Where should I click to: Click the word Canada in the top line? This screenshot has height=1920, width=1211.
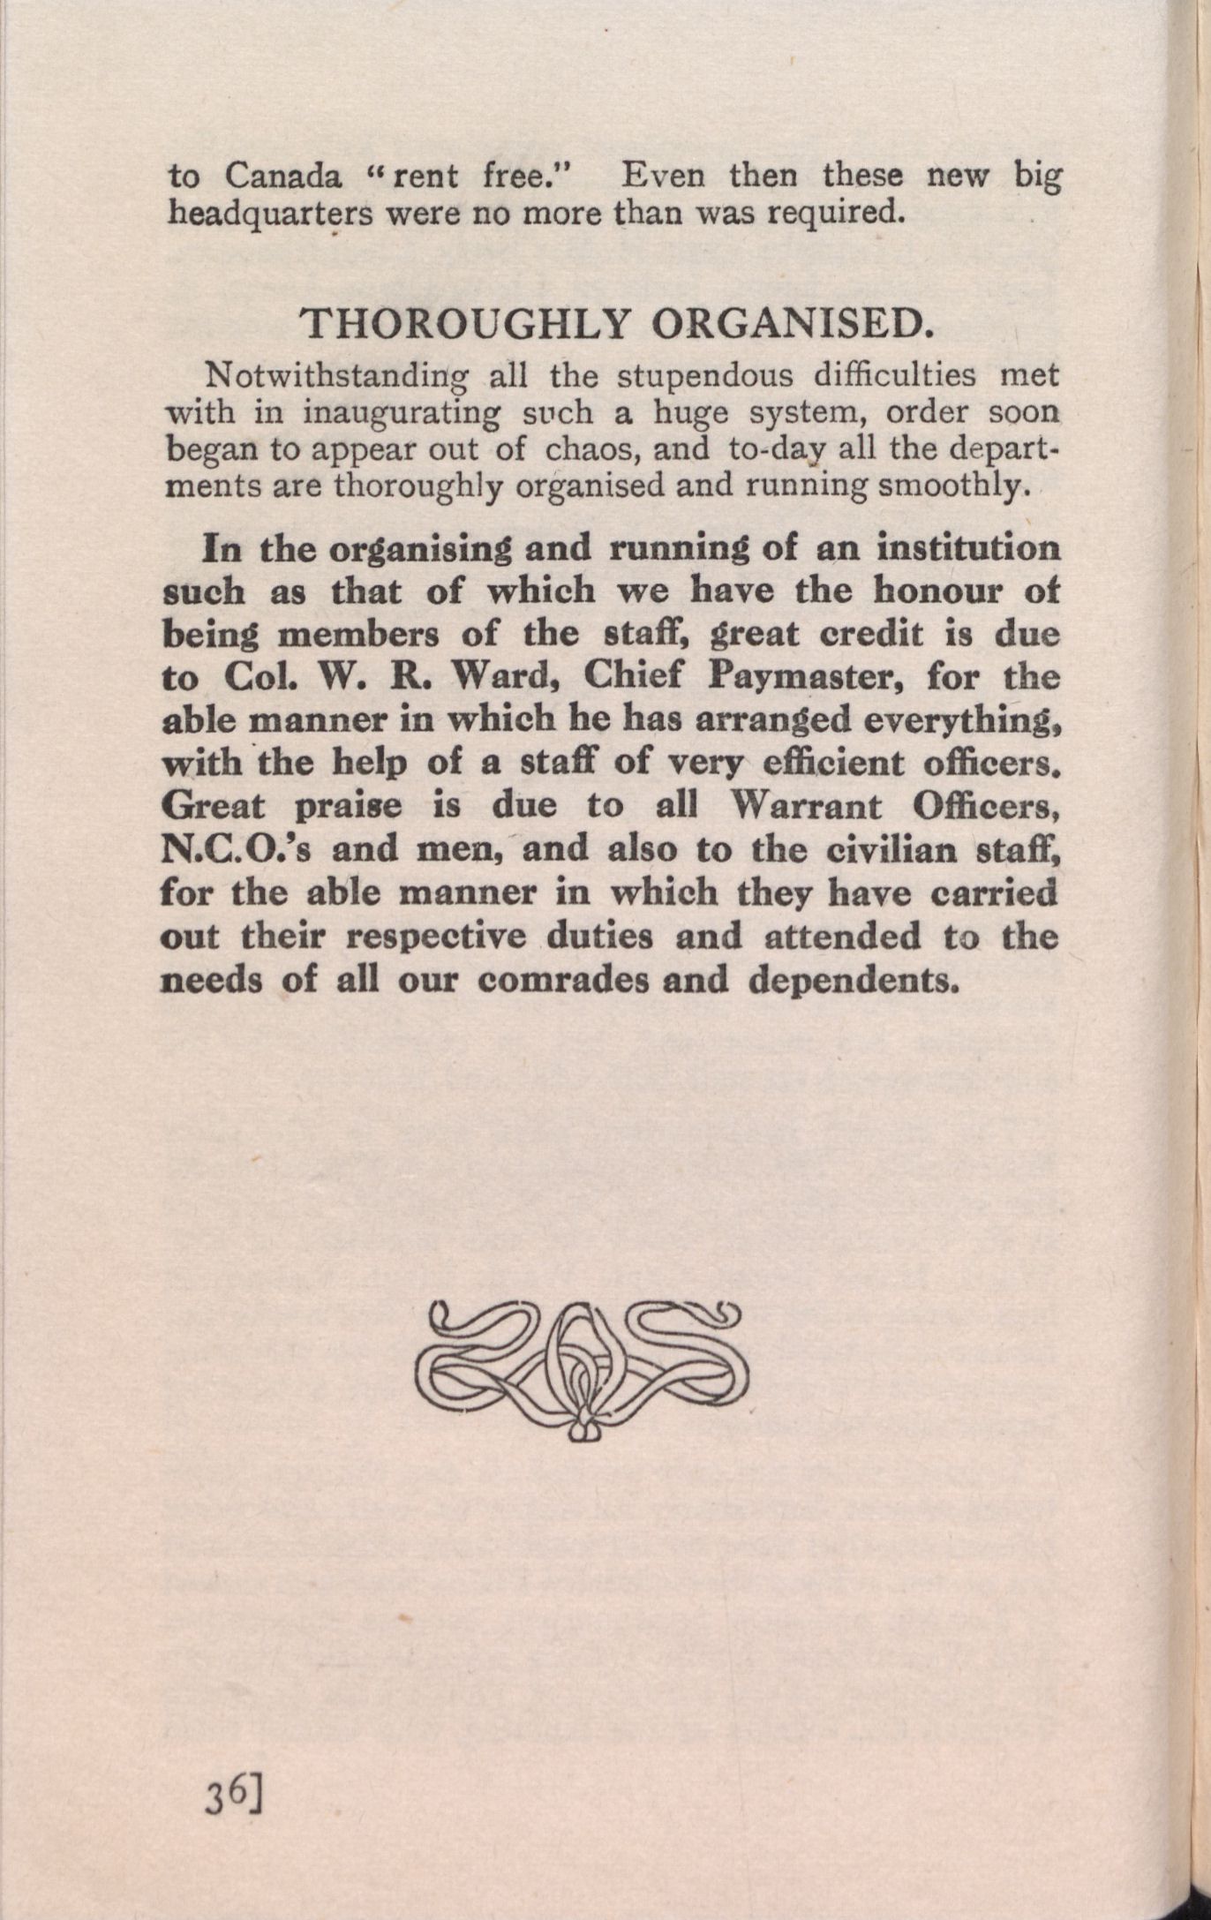pyautogui.click(x=282, y=177)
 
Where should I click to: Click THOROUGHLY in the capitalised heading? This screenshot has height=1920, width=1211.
pyautogui.click(x=465, y=324)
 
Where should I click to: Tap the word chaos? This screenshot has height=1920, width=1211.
pyautogui.click(x=585, y=449)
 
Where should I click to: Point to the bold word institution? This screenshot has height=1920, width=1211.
pyautogui.click(x=968, y=548)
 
